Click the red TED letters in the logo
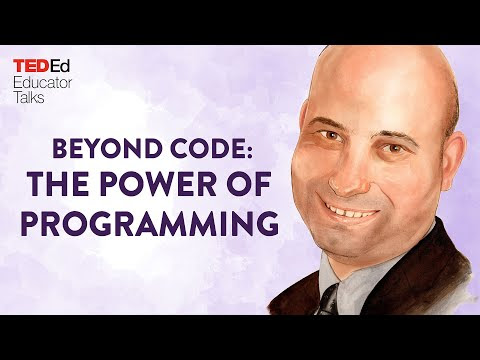tap(31, 66)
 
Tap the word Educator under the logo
tap(42, 83)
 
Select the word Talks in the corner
tap(29, 98)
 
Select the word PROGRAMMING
tap(150, 223)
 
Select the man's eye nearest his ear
tap(393, 148)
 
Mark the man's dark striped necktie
tap(328, 301)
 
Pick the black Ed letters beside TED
tap(60, 66)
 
